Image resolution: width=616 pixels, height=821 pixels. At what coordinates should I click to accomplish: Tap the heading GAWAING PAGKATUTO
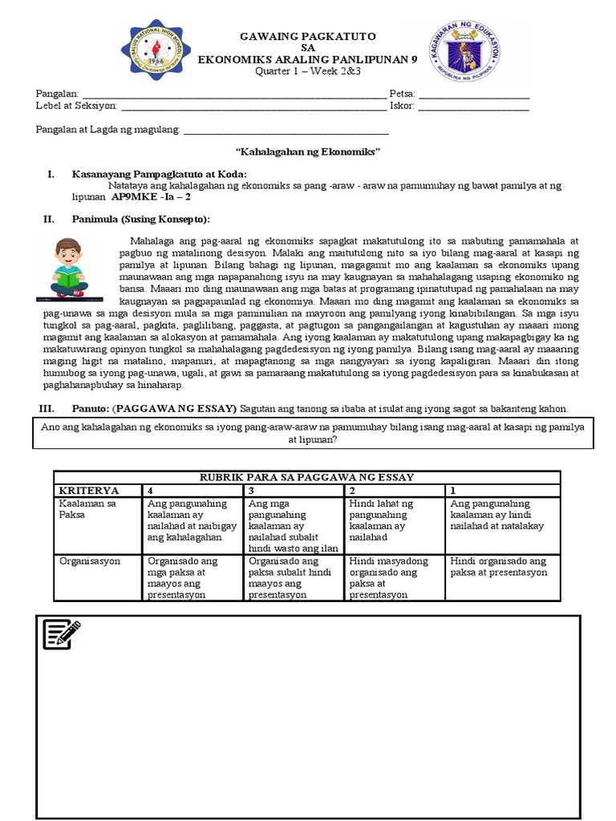click(308, 37)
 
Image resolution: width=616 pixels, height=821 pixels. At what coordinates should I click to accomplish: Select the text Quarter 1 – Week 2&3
click(308, 70)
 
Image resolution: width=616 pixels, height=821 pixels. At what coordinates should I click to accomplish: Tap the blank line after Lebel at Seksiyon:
click(253, 105)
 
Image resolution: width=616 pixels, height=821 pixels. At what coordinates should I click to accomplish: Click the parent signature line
click(286, 130)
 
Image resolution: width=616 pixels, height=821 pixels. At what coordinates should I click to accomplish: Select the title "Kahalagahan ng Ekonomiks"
click(307, 152)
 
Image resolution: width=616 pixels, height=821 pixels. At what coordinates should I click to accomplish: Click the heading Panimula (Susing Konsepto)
click(141, 219)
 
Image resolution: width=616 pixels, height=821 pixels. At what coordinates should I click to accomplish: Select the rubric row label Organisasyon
click(89, 561)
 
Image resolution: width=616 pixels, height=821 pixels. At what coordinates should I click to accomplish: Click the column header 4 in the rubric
click(150, 490)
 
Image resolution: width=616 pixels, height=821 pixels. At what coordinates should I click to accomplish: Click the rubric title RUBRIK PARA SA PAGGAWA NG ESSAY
click(307, 477)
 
